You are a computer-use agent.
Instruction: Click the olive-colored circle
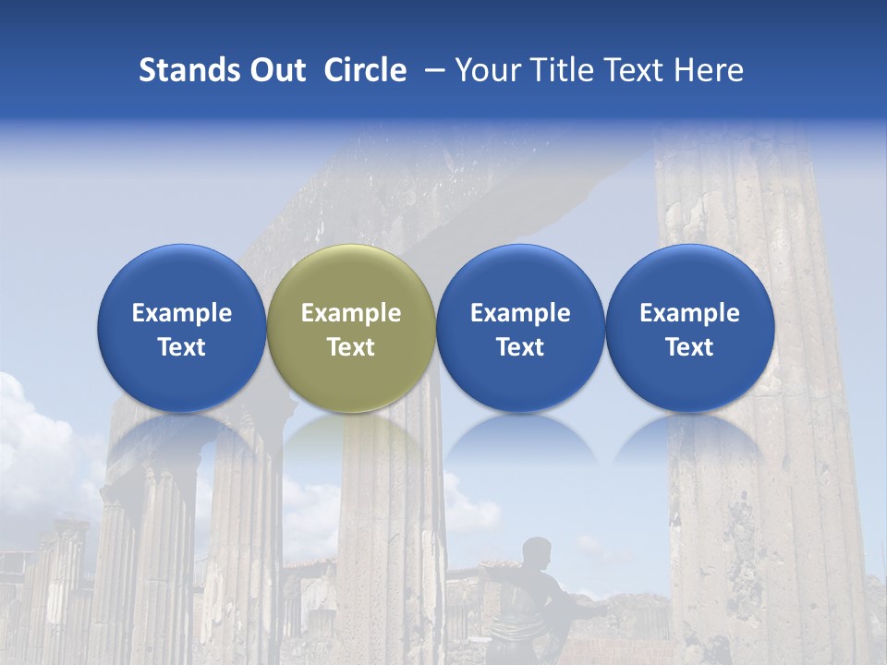351,327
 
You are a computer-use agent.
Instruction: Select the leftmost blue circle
182,327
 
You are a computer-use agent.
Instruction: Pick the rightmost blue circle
689,327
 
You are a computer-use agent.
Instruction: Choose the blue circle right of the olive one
520,327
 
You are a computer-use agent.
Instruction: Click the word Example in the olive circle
351,313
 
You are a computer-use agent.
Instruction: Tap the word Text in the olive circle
351,347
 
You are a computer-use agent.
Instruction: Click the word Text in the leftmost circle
182,347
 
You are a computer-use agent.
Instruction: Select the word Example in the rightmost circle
689,313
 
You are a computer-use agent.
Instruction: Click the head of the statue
535,552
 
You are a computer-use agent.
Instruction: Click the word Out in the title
277,70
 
